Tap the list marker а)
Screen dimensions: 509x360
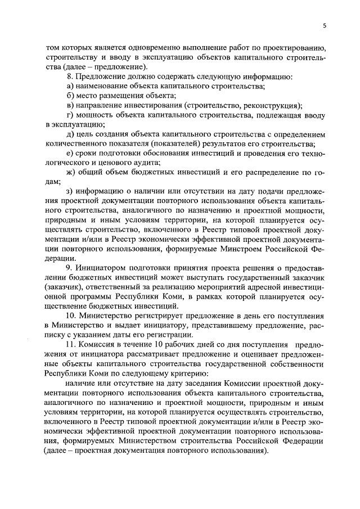tap(70, 86)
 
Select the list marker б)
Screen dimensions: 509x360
tap(70, 96)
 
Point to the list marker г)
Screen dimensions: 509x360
tap(69, 116)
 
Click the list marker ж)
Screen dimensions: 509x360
tap(70, 173)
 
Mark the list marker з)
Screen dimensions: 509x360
tap(69, 192)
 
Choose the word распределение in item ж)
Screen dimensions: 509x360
tap(272, 173)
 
